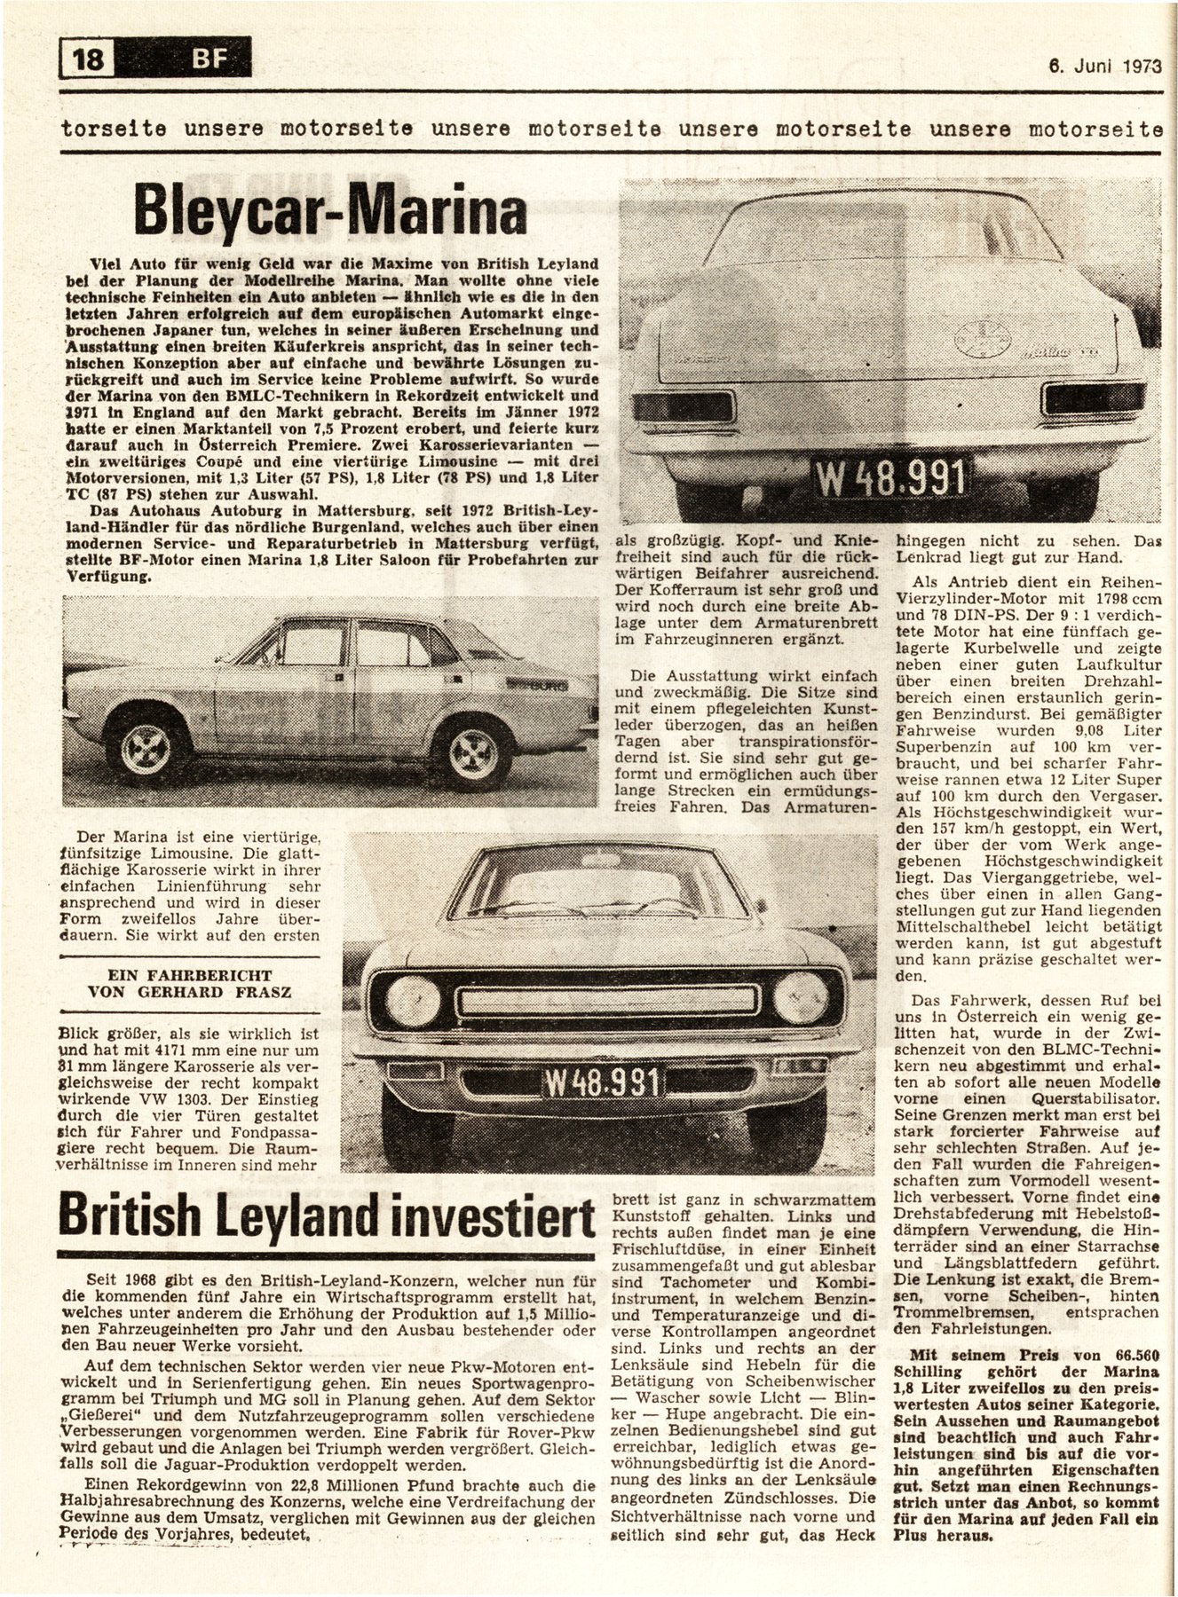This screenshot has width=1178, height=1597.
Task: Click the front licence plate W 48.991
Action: pos(601,1083)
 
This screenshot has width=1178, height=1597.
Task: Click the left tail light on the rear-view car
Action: pos(684,406)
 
